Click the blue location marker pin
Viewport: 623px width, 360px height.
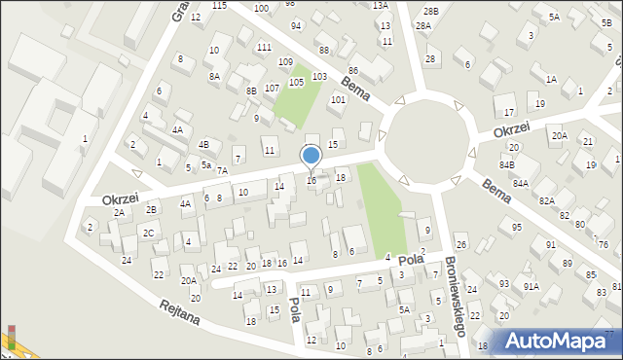(x=311, y=156)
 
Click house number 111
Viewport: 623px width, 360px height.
(x=264, y=48)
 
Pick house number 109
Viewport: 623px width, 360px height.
(x=285, y=62)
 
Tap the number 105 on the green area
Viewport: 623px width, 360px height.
(x=296, y=83)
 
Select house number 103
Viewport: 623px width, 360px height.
(x=318, y=76)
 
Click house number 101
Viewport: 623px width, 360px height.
(x=338, y=99)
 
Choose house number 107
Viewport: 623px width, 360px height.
(x=272, y=89)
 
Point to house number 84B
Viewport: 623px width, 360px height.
(x=507, y=166)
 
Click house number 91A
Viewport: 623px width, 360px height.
(x=531, y=286)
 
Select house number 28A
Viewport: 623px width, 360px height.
(x=422, y=26)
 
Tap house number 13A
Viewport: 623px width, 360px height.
(x=380, y=5)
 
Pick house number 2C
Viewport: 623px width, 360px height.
(x=148, y=233)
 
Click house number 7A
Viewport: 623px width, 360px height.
(x=222, y=171)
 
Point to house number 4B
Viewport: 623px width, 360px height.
(x=203, y=144)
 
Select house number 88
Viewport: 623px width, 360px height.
(x=323, y=50)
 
